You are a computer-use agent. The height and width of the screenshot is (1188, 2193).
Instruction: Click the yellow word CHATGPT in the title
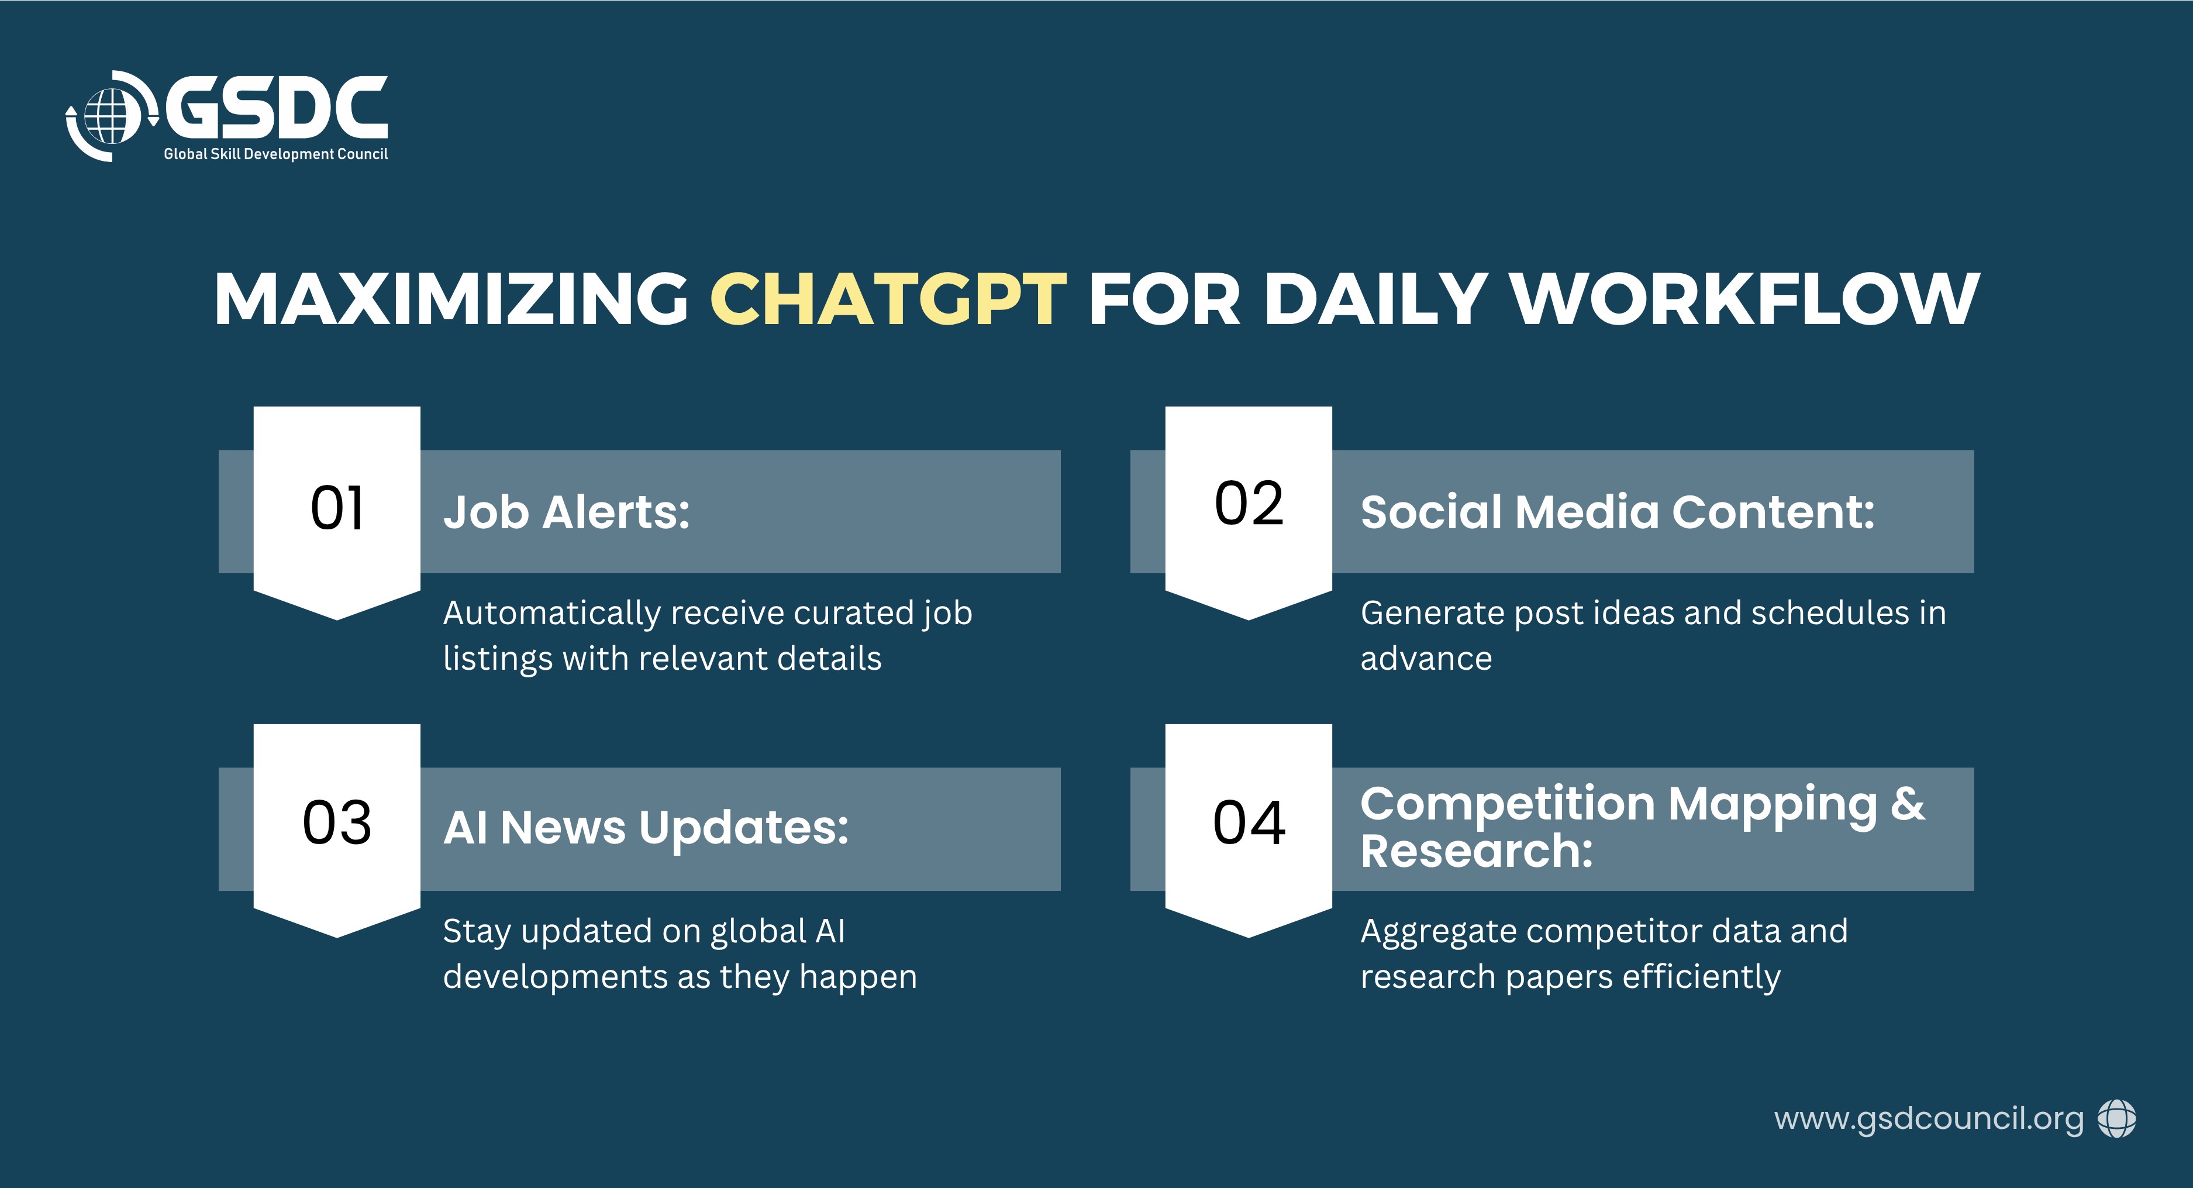click(x=888, y=299)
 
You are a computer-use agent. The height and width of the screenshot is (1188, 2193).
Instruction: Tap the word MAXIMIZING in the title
click(x=451, y=299)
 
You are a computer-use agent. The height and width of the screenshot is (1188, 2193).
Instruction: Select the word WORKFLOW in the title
click(x=1744, y=299)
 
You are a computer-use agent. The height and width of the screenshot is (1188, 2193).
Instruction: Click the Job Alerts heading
click(x=566, y=512)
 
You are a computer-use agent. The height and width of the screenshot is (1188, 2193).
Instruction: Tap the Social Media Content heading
click(x=1618, y=512)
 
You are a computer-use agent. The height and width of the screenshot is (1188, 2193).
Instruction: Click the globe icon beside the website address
click(x=2117, y=1118)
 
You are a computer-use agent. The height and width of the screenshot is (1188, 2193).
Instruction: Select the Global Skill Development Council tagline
click(x=276, y=154)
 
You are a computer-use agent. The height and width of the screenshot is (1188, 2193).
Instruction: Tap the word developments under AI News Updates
click(x=555, y=977)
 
